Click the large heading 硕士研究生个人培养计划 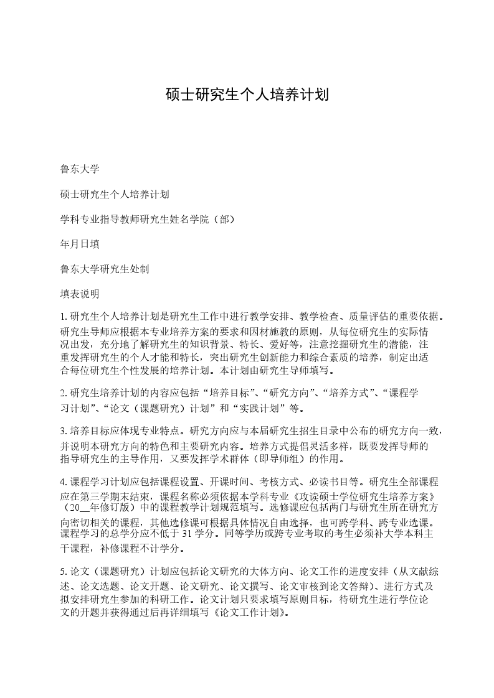pos(247,95)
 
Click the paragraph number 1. pos(63,317)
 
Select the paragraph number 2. pos(63,394)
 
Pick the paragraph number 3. pos(63,430)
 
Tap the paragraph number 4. pos(63,482)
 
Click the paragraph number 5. pos(63,571)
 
